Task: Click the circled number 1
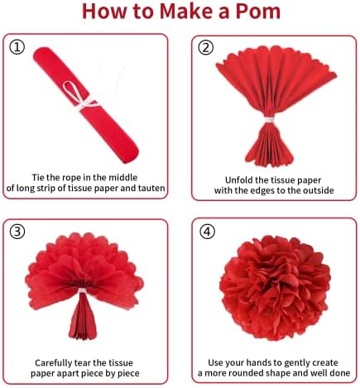coord(17,47)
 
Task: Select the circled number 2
coord(206,47)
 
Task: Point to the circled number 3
coord(17,232)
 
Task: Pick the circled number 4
coord(207,232)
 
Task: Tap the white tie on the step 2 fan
coord(269,120)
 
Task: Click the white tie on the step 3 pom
coord(82,291)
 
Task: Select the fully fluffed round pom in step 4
coord(275,289)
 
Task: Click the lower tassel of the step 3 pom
coord(83,317)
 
